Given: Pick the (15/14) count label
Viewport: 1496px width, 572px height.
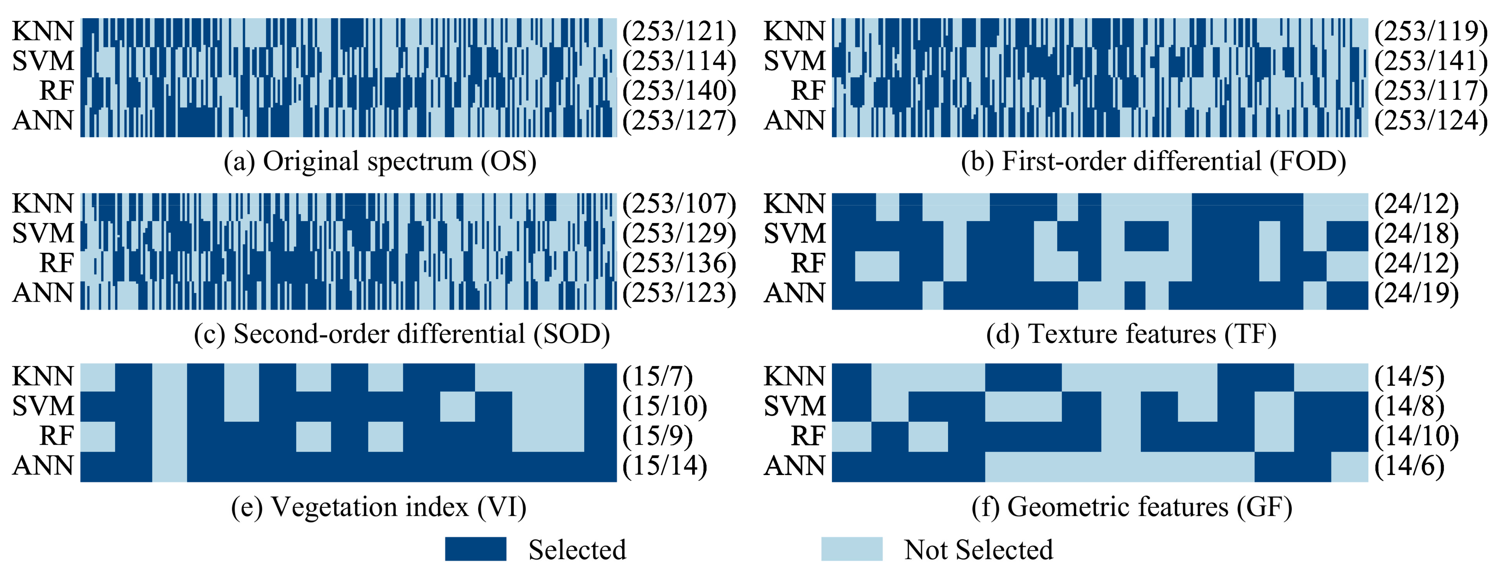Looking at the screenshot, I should coord(664,466).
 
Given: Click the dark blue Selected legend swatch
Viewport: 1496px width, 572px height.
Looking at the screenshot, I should coord(476,549).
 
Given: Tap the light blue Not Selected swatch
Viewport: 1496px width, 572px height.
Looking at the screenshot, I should coord(852,549).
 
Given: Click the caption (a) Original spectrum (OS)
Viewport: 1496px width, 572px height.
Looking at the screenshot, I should coord(380,161).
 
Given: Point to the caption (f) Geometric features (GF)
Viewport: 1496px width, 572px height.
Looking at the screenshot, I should coord(1131,507).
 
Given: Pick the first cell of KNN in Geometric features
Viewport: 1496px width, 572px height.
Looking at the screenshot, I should coord(852,377).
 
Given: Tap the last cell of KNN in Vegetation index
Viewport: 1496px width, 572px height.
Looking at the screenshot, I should coord(600,377).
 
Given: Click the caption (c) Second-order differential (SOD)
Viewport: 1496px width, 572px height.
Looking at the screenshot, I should coord(402,334).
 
